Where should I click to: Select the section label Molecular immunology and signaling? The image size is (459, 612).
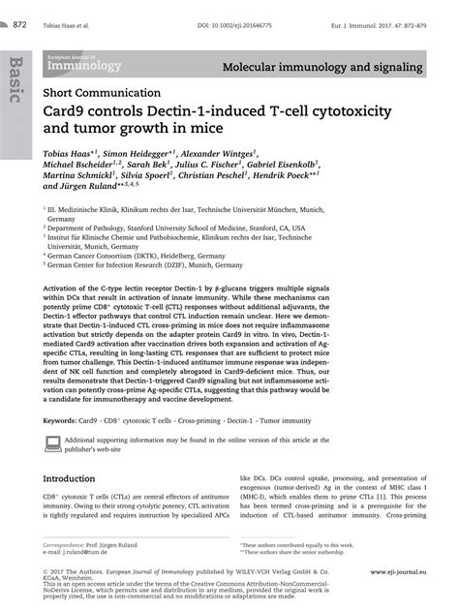[x=322, y=69]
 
